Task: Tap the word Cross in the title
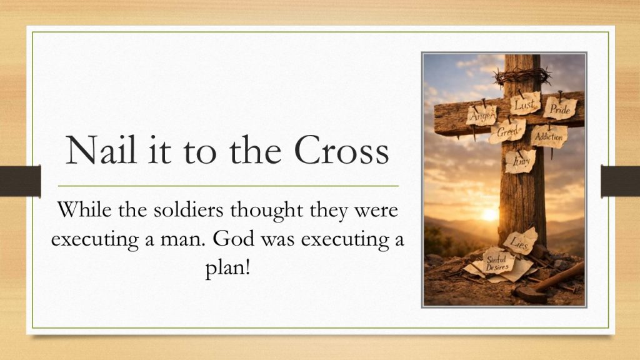click(341, 149)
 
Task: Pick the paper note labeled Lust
click(525, 104)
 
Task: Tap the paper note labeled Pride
click(559, 108)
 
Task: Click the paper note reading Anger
click(482, 116)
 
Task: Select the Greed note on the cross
click(507, 131)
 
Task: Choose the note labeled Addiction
click(549, 136)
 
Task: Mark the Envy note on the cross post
click(521, 162)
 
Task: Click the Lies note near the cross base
click(521, 241)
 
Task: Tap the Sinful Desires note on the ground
click(497, 262)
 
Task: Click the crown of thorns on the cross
click(522, 76)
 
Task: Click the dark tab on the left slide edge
click(21, 181)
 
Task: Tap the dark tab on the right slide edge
click(620, 181)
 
